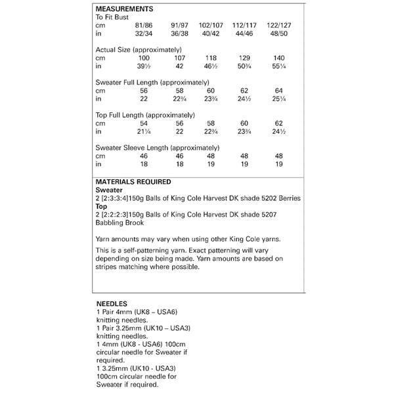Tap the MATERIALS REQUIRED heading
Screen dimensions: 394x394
(134, 181)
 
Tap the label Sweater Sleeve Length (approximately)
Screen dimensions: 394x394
(148, 148)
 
